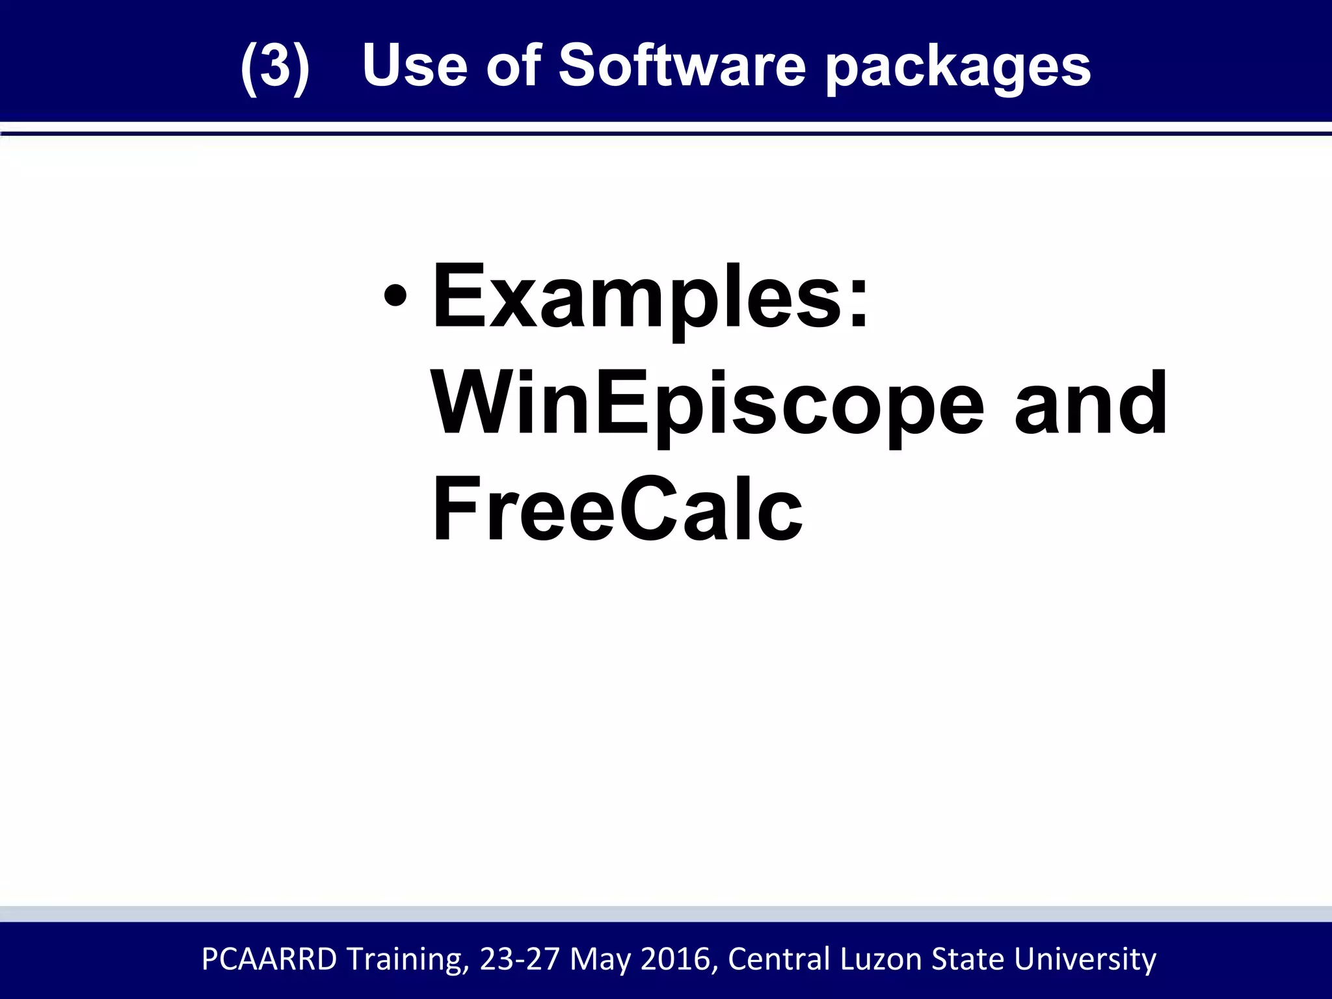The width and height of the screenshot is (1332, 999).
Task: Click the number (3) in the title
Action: pyautogui.click(x=274, y=66)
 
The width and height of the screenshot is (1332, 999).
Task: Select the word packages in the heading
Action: pyautogui.click(x=958, y=69)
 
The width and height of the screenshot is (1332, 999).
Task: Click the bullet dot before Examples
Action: pyautogui.click(x=395, y=297)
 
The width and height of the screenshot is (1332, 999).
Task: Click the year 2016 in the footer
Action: pyautogui.click(x=678, y=959)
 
